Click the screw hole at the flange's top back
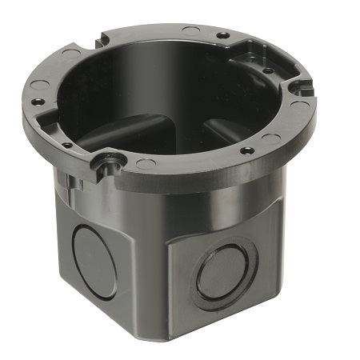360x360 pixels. [x=222, y=36]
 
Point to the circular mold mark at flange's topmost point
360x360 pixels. [x=190, y=30]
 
